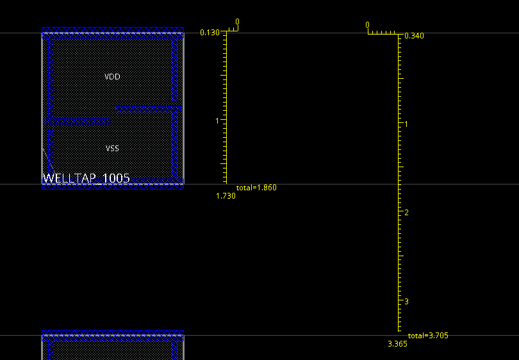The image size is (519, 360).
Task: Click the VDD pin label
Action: point(112,77)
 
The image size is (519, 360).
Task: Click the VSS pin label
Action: point(112,148)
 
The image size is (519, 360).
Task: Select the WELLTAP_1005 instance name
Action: point(86,178)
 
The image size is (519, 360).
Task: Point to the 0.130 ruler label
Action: point(210,33)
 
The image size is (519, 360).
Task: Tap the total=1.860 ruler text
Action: point(256,188)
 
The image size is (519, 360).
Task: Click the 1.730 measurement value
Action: point(226,196)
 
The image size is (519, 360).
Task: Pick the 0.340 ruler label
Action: point(414,36)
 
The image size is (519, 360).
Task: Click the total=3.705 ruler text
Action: point(428,336)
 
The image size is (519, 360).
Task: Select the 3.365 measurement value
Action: point(397,344)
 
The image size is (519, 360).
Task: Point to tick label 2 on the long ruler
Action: point(406,212)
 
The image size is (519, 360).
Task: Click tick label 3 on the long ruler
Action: point(406,302)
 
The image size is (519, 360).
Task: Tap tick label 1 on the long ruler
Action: point(406,124)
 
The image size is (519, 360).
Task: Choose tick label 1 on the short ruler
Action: point(217,121)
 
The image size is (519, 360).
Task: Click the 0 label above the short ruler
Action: point(237,22)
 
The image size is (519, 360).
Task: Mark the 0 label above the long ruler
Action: point(367,25)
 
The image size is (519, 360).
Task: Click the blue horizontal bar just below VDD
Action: point(148,109)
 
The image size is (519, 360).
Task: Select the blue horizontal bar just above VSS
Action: point(78,122)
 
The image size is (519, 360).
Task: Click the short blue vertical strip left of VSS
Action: point(51,153)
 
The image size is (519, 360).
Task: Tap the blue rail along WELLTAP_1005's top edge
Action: point(113,33)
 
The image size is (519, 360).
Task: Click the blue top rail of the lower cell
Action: point(113,336)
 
